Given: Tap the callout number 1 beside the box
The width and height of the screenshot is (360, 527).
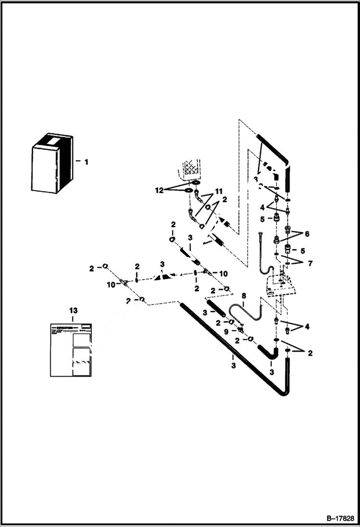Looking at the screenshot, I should coord(86,162).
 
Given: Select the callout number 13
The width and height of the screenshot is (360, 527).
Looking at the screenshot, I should coord(73,311).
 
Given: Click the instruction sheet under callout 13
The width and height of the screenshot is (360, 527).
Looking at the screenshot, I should coord(71,349).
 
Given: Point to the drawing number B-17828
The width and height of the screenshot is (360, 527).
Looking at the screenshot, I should coord(340,519).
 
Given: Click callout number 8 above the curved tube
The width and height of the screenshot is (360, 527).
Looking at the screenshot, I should coord(243,296).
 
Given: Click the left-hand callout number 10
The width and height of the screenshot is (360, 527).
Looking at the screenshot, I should coord(111,285).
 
